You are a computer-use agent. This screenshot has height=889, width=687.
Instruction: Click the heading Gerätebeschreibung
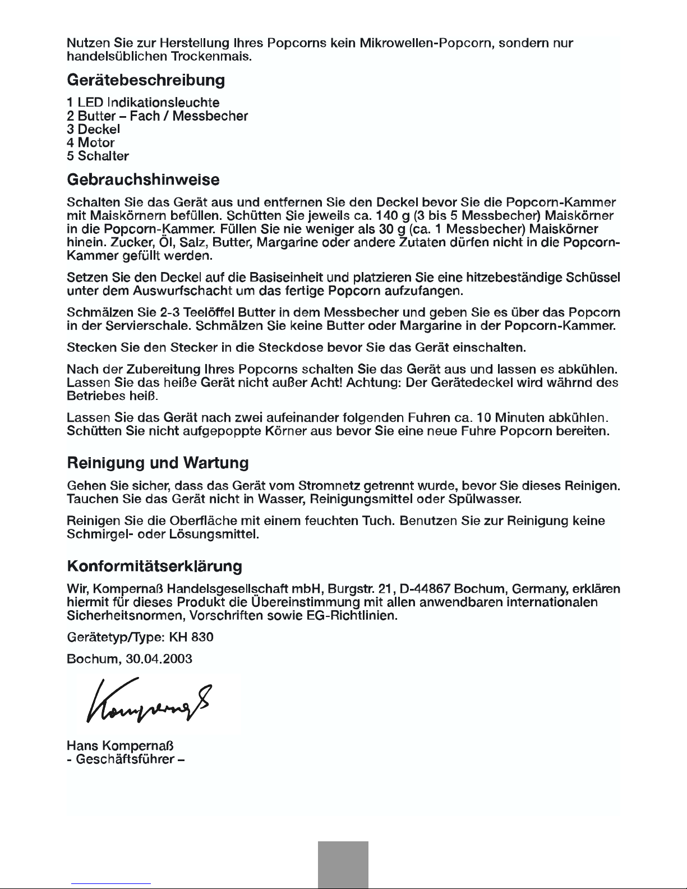146,80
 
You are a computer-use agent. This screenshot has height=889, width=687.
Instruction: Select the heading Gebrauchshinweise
143,181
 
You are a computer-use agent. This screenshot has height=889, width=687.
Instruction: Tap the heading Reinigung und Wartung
158,463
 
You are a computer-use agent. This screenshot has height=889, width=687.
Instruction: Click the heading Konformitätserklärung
154,566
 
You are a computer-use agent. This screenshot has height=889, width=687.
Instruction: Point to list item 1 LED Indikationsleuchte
143,103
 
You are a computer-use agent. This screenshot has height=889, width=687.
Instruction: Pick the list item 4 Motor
91,143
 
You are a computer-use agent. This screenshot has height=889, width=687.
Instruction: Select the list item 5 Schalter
98,156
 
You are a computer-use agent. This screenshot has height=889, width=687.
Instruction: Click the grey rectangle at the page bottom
343,864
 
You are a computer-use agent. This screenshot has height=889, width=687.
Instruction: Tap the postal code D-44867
423,589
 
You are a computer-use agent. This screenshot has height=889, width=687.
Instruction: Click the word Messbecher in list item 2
210,116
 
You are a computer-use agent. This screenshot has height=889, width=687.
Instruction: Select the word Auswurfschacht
183,291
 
